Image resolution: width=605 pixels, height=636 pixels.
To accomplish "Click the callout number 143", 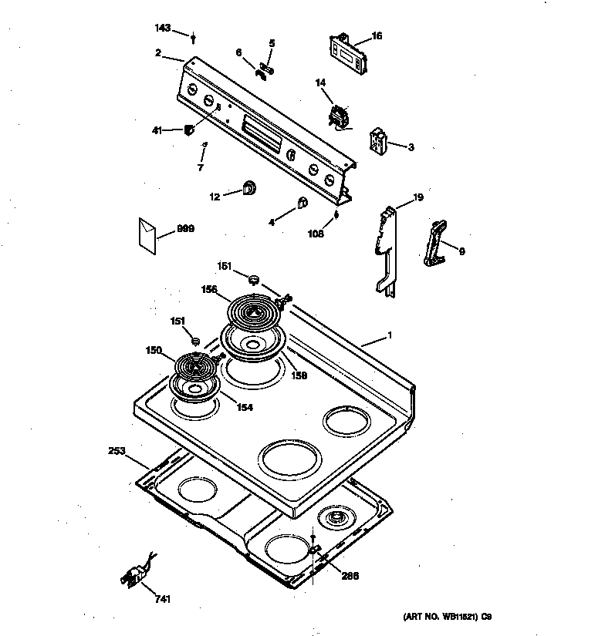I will click(x=162, y=28).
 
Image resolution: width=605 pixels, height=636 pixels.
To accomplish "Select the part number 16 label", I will click(x=377, y=35).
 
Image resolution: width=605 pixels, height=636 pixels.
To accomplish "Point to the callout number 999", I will click(x=185, y=229).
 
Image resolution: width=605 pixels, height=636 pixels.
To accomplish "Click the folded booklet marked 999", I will click(x=148, y=234).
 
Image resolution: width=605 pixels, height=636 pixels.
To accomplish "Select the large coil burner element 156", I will click(x=255, y=311).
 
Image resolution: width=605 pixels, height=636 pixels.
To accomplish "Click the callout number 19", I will click(x=417, y=198).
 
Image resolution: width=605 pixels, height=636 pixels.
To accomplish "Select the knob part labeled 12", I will click(x=250, y=187).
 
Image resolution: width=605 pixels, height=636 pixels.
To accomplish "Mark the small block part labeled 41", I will click(x=188, y=130).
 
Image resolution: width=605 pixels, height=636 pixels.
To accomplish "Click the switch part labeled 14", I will click(x=337, y=117).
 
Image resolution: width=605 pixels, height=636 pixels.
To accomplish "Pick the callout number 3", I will click(x=411, y=146).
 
